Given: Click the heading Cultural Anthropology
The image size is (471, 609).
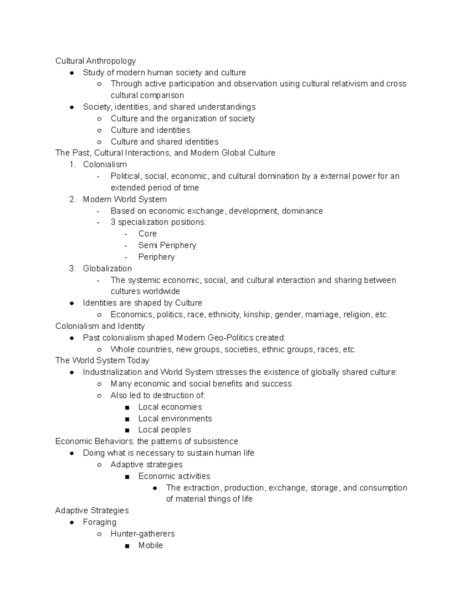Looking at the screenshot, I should point(95,61).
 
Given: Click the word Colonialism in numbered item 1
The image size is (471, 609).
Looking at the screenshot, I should point(105,164).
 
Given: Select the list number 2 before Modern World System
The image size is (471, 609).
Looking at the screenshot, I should point(72,199).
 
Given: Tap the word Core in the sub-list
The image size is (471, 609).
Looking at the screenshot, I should point(147,234).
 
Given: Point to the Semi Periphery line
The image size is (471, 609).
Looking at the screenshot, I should point(167,245).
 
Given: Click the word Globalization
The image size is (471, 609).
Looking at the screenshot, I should point(107,269).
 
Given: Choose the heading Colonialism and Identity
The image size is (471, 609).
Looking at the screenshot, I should point(100,326).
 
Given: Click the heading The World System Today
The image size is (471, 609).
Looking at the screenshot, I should point(102,360).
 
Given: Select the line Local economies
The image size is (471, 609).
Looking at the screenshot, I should point(170,407).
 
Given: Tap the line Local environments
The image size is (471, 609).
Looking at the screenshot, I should point(175,418).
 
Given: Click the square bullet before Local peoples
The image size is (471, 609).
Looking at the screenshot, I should point(126,430).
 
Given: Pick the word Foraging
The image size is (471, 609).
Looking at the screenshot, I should point(99,522).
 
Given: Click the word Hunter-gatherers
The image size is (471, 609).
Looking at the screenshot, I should point(142,534).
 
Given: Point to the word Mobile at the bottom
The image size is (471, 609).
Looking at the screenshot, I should point(150,545).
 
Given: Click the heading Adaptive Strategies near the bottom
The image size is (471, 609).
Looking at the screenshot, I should point(92,511).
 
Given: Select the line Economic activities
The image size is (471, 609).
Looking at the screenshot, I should point(174,476).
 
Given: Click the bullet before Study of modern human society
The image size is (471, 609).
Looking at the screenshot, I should point(72,73).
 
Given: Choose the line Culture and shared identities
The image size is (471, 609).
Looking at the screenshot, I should point(164,142).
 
